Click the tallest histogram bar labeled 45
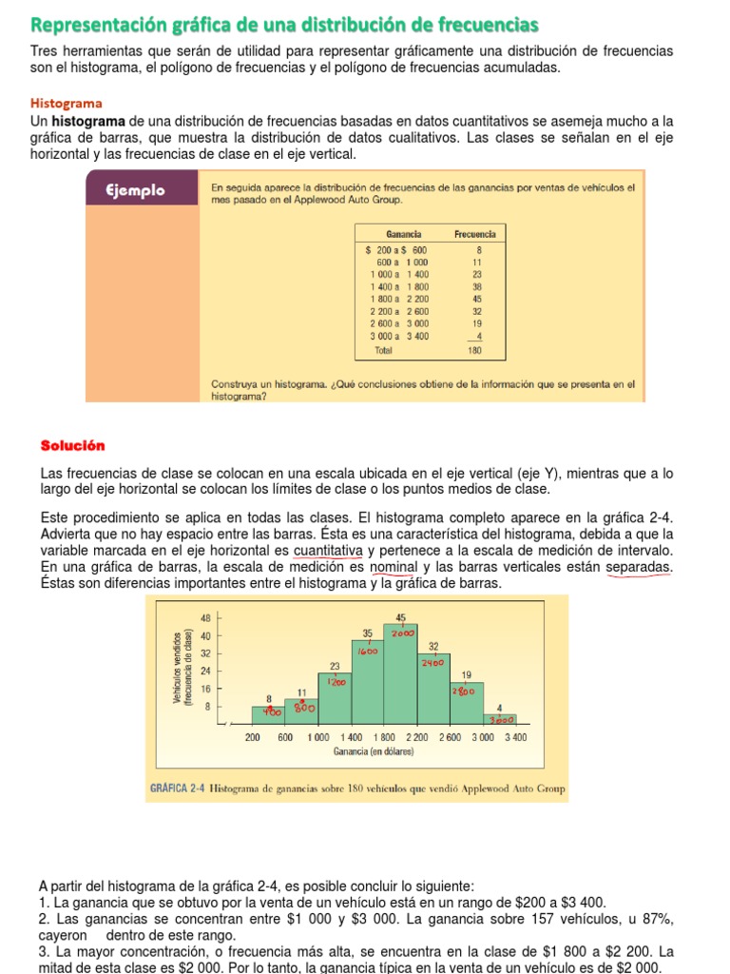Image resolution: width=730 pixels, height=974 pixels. (x=400, y=675)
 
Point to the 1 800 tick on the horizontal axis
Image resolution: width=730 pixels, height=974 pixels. (x=383, y=737)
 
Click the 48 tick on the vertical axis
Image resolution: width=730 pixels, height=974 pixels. (x=205, y=618)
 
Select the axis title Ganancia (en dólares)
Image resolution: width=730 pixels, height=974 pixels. (x=373, y=751)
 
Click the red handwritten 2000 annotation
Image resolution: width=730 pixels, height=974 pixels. (x=401, y=633)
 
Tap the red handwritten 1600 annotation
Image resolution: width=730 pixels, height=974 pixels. (x=368, y=652)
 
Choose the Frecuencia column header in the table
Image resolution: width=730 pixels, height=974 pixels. (x=475, y=233)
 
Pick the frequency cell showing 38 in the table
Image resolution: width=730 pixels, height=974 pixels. (x=478, y=286)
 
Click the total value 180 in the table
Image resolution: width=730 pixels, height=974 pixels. (x=475, y=350)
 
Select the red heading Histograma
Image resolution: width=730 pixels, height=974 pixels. (x=67, y=103)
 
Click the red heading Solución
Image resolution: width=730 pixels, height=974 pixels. (x=73, y=445)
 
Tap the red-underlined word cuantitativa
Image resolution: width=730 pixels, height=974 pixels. (x=328, y=551)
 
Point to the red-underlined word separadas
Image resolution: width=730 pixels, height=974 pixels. (x=638, y=567)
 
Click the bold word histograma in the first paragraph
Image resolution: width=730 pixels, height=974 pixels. (x=88, y=121)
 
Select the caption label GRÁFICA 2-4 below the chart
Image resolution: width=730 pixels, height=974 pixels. (x=178, y=789)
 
